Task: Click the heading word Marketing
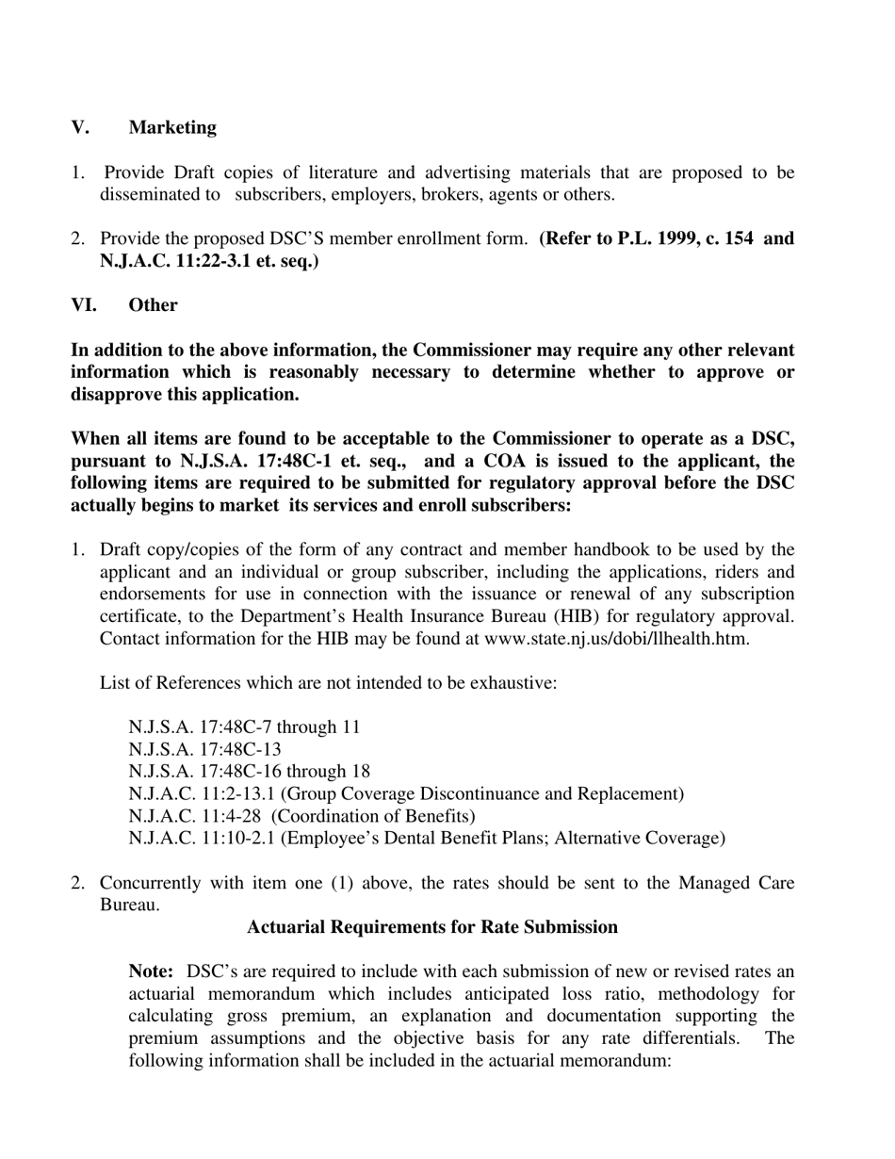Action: click(x=172, y=127)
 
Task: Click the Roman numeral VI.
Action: click(x=84, y=305)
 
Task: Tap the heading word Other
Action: click(x=153, y=305)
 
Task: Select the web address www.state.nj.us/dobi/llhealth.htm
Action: click(x=616, y=638)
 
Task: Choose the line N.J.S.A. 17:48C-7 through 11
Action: click(x=244, y=727)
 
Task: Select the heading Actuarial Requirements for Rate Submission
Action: click(x=432, y=927)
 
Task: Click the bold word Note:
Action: click(x=151, y=971)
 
